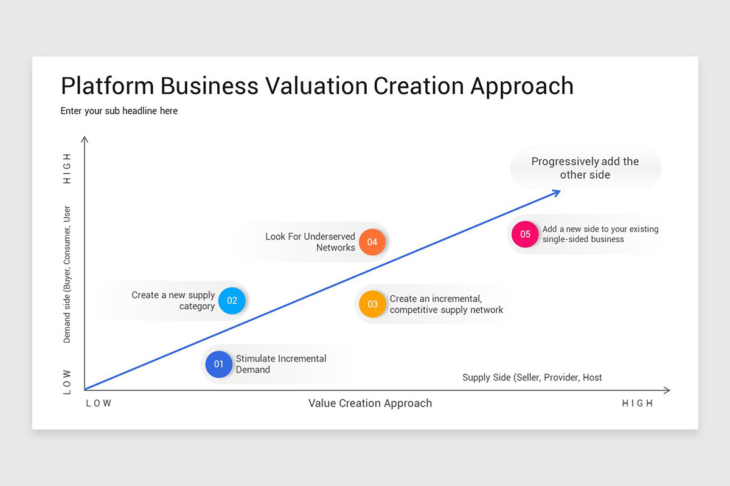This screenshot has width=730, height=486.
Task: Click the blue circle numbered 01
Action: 218,364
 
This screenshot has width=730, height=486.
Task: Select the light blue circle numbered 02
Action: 232,301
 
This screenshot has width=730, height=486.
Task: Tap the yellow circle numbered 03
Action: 372,304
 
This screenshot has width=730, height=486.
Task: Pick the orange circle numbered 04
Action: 372,242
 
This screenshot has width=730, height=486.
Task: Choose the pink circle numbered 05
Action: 525,234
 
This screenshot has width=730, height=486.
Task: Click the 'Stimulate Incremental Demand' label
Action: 280,364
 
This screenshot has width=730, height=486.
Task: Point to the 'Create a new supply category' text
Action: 173,301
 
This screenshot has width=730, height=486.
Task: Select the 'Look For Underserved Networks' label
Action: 310,242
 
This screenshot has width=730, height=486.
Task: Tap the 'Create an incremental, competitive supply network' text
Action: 446,304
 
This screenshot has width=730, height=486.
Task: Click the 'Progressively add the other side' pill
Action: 585,168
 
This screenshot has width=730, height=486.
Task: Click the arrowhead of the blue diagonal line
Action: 557,192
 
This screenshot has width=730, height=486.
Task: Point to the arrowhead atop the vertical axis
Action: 85,140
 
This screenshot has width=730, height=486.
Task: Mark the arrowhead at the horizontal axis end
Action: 667,390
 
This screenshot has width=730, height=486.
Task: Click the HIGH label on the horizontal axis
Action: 637,403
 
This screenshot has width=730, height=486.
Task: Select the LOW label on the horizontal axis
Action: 99,403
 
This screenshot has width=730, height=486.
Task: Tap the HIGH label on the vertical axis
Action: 67,168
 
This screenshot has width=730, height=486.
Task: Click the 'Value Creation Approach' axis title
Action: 370,403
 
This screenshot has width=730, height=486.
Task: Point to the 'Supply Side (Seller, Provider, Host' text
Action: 532,377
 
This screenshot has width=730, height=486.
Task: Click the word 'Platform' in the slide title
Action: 107,86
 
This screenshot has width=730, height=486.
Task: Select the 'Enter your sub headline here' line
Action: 119,111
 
